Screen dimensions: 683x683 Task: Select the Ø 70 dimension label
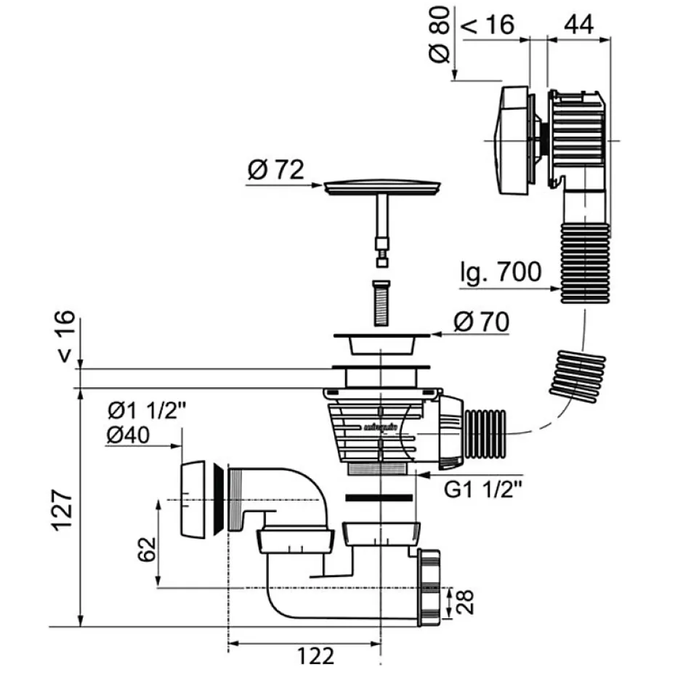click(480, 320)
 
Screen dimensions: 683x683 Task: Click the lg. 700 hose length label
click(501, 272)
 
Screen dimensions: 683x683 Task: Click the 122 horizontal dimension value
click(316, 655)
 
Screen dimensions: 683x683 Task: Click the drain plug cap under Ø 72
click(382, 187)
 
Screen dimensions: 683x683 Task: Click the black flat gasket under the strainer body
click(380, 499)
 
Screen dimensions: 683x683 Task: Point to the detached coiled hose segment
click(577, 376)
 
